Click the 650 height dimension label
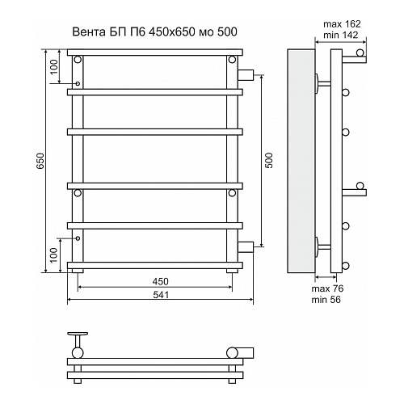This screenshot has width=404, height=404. point(40,161)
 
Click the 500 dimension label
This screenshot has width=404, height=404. point(269,161)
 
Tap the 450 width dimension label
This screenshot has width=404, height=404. point(160,281)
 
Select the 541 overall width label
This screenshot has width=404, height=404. point(161,295)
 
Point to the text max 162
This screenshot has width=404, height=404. point(342,24)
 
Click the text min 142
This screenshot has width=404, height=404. point(341,35)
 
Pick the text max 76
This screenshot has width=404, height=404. point(327,288)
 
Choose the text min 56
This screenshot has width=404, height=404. point(326,299)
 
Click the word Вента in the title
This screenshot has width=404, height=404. point(89,32)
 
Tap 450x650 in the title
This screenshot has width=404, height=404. point(172,32)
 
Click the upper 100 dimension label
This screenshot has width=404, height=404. point(54,67)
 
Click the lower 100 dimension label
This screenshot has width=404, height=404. point(54,255)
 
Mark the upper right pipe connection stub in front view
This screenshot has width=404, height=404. point(246,74)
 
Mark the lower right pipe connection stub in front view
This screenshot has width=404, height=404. point(246,247)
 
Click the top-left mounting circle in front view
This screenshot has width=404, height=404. point(78,59)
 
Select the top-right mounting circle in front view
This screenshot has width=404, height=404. point(232,59)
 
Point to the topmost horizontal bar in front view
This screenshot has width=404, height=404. point(155,53)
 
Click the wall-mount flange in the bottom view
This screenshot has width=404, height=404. point(78,334)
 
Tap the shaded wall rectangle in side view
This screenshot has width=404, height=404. point(301,161)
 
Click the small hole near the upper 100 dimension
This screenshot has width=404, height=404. point(78,83)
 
